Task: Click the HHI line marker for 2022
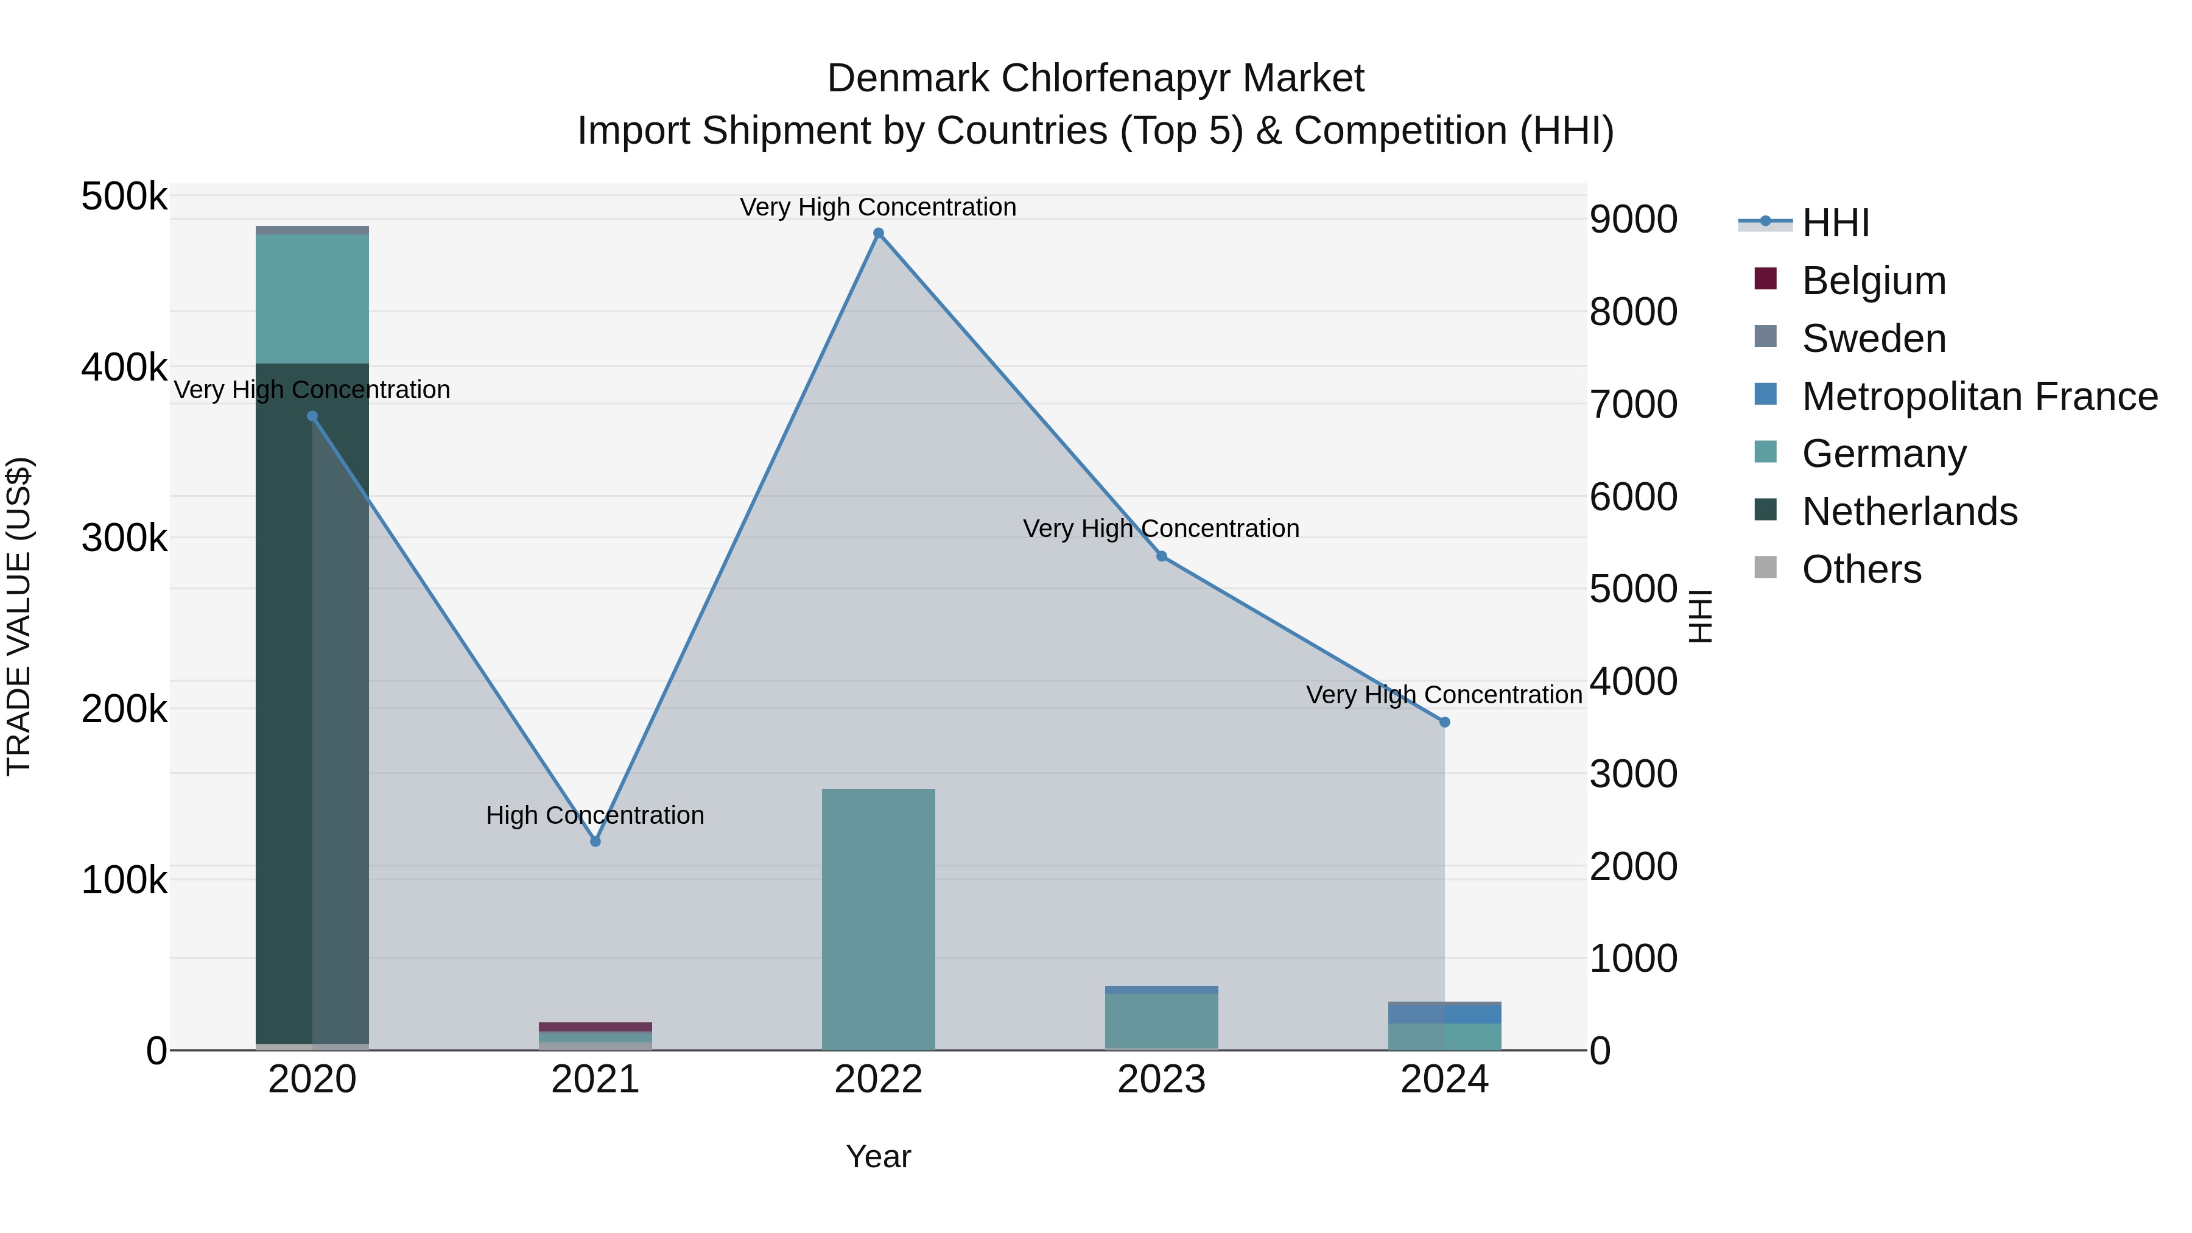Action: point(878,233)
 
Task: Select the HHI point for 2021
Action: point(595,841)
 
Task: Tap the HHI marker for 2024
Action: point(1444,722)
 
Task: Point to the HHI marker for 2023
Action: point(1162,556)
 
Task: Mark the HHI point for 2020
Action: point(312,416)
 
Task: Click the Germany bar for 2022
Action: point(878,919)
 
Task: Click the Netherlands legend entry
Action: point(1909,511)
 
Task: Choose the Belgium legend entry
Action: point(1873,281)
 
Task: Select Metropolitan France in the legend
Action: point(1979,396)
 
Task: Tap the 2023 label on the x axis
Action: point(1162,1080)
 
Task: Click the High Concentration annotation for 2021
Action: point(595,815)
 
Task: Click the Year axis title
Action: point(878,1156)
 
